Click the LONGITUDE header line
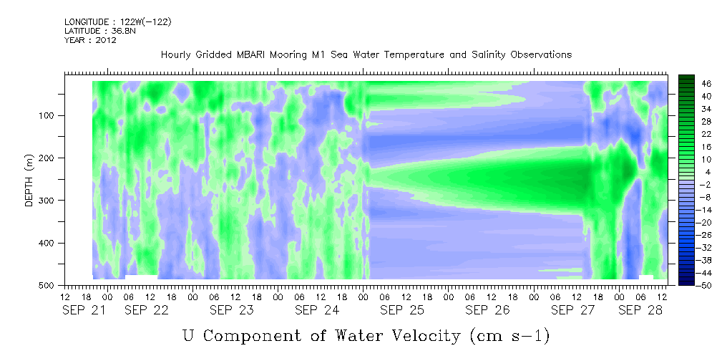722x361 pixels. coord(118,21)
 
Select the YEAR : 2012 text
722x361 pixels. coord(90,40)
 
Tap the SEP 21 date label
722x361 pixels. coord(83,311)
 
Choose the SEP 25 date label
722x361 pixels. coord(401,311)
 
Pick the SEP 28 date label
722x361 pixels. coord(640,311)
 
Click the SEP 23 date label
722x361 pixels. coord(231,311)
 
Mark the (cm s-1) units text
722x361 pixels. coord(509,337)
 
